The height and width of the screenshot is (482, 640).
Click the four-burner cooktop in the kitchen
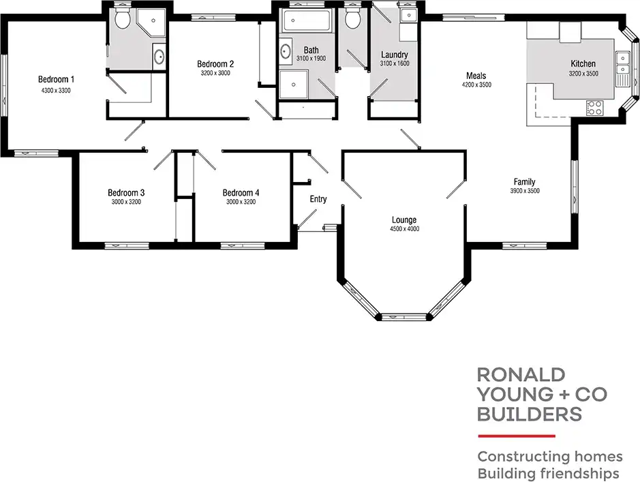point(594,107)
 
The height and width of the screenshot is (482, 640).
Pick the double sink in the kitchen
point(622,64)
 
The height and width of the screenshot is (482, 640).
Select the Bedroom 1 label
point(56,79)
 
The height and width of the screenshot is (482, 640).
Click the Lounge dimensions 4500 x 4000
point(403,229)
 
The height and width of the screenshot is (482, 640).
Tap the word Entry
point(318,200)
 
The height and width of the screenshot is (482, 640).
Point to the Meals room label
point(476,76)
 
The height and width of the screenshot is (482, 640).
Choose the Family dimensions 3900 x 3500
point(524,192)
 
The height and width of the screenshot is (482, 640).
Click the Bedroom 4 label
point(240,192)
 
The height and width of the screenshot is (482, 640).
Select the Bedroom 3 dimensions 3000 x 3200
point(125,202)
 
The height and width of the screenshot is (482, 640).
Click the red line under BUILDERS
point(516,435)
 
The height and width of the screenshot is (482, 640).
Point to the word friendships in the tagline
point(577,473)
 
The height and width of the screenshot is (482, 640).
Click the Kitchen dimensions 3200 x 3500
point(583,74)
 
